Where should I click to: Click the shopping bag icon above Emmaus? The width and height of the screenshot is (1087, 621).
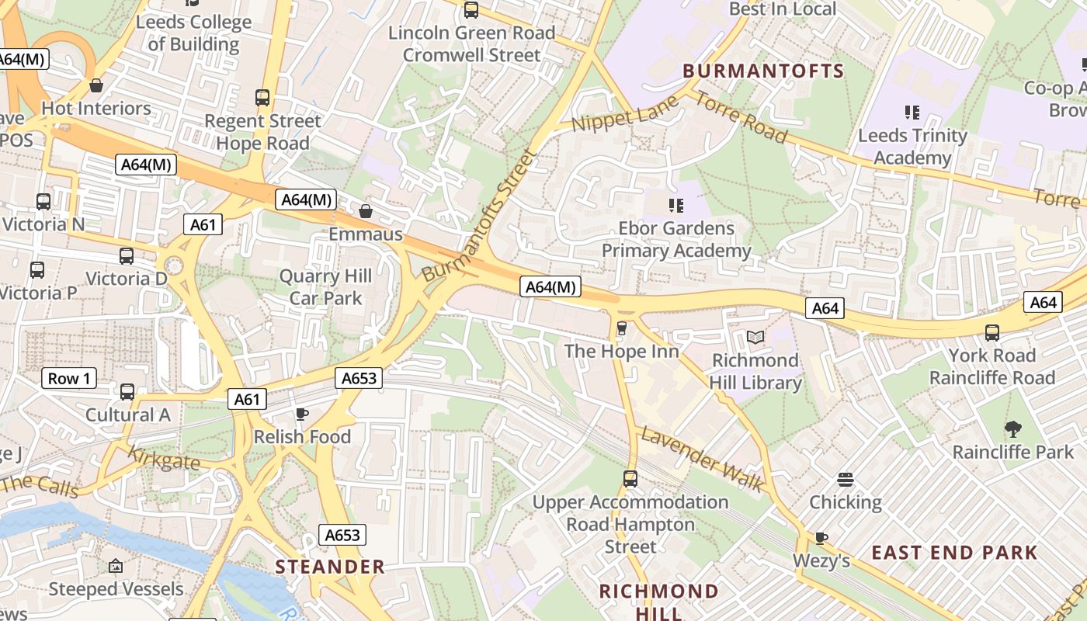click(x=366, y=211)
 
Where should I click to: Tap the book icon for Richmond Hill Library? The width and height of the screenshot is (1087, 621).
click(x=755, y=337)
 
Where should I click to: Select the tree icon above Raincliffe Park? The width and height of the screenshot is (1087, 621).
click(x=1013, y=428)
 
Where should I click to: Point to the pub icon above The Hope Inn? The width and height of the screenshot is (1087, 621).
click(x=621, y=328)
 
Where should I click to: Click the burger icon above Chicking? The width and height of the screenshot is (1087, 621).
click(x=846, y=479)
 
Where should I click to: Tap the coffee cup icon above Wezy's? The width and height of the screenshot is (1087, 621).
click(x=821, y=537)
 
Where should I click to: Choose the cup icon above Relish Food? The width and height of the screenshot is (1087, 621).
click(x=302, y=414)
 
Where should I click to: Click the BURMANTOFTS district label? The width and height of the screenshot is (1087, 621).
click(x=763, y=71)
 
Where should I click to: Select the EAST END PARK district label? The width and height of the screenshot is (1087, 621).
click(x=954, y=553)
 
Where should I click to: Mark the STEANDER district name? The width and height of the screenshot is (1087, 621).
click(x=330, y=567)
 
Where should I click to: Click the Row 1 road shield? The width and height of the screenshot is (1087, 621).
click(x=69, y=379)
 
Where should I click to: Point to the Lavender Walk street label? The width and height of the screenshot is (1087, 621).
click(x=701, y=459)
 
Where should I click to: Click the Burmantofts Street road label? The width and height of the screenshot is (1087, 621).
click(x=480, y=215)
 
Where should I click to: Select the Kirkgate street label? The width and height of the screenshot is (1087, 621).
click(x=163, y=459)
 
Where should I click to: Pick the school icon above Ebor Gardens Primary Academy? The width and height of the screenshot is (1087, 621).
click(x=676, y=206)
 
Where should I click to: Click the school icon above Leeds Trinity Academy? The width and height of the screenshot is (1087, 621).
click(x=912, y=113)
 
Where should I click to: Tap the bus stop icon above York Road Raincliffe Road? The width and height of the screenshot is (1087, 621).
click(x=992, y=333)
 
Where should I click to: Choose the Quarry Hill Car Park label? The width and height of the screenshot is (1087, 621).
click(x=325, y=287)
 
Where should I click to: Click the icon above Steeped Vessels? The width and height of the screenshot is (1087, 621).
click(x=116, y=566)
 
